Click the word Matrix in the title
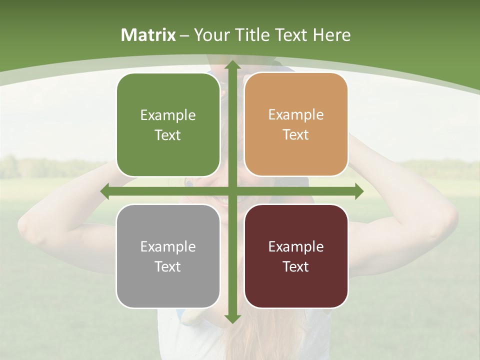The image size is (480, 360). (148, 35)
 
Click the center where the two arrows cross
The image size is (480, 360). (232, 191)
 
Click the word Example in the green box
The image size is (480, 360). (168, 115)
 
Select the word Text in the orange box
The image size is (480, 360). (296, 135)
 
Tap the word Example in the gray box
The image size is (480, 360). (168, 247)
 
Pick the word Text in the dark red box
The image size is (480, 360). (296, 267)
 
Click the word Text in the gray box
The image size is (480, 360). (168, 267)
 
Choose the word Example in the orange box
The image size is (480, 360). (296, 115)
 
